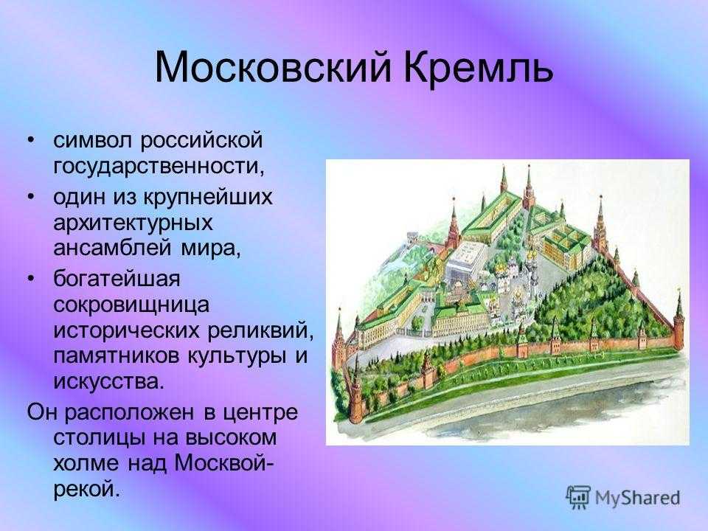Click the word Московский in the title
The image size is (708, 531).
pyautogui.click(x=273, y=68)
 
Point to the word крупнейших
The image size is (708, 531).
pyautogui.click(x=208, y=198)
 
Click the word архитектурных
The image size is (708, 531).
pyautogui.click(x=133, y=223)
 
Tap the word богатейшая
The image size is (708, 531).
pyautogui.click(x=117, y=279)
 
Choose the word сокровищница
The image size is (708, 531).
pyautogui.click(x=131, y=305)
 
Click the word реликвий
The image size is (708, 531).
pyautogui.click(x=260, y=330)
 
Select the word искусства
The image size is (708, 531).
pyautogui.click(x=107, y=382)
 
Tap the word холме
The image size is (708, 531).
pyautogui.click(x=86, y=463)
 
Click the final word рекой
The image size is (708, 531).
pyautogui.click(x=87, y=490)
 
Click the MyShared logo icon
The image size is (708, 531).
pyautogui.click(x=578, y=497)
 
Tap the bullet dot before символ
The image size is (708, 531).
pyautogui.click(x=31, y=140)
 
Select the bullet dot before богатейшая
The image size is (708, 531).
pyautogui.click(x=31, y=279)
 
